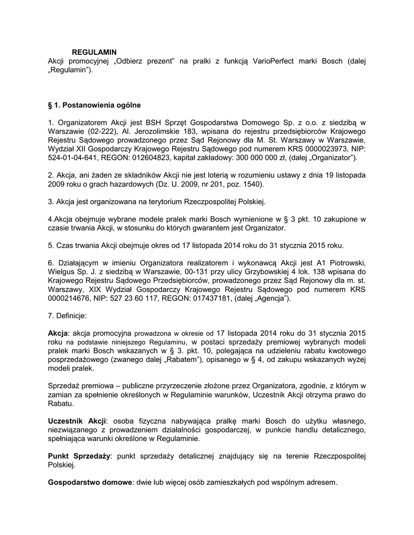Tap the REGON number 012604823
coord(151,158)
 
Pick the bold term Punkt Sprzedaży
coord(79,456)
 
